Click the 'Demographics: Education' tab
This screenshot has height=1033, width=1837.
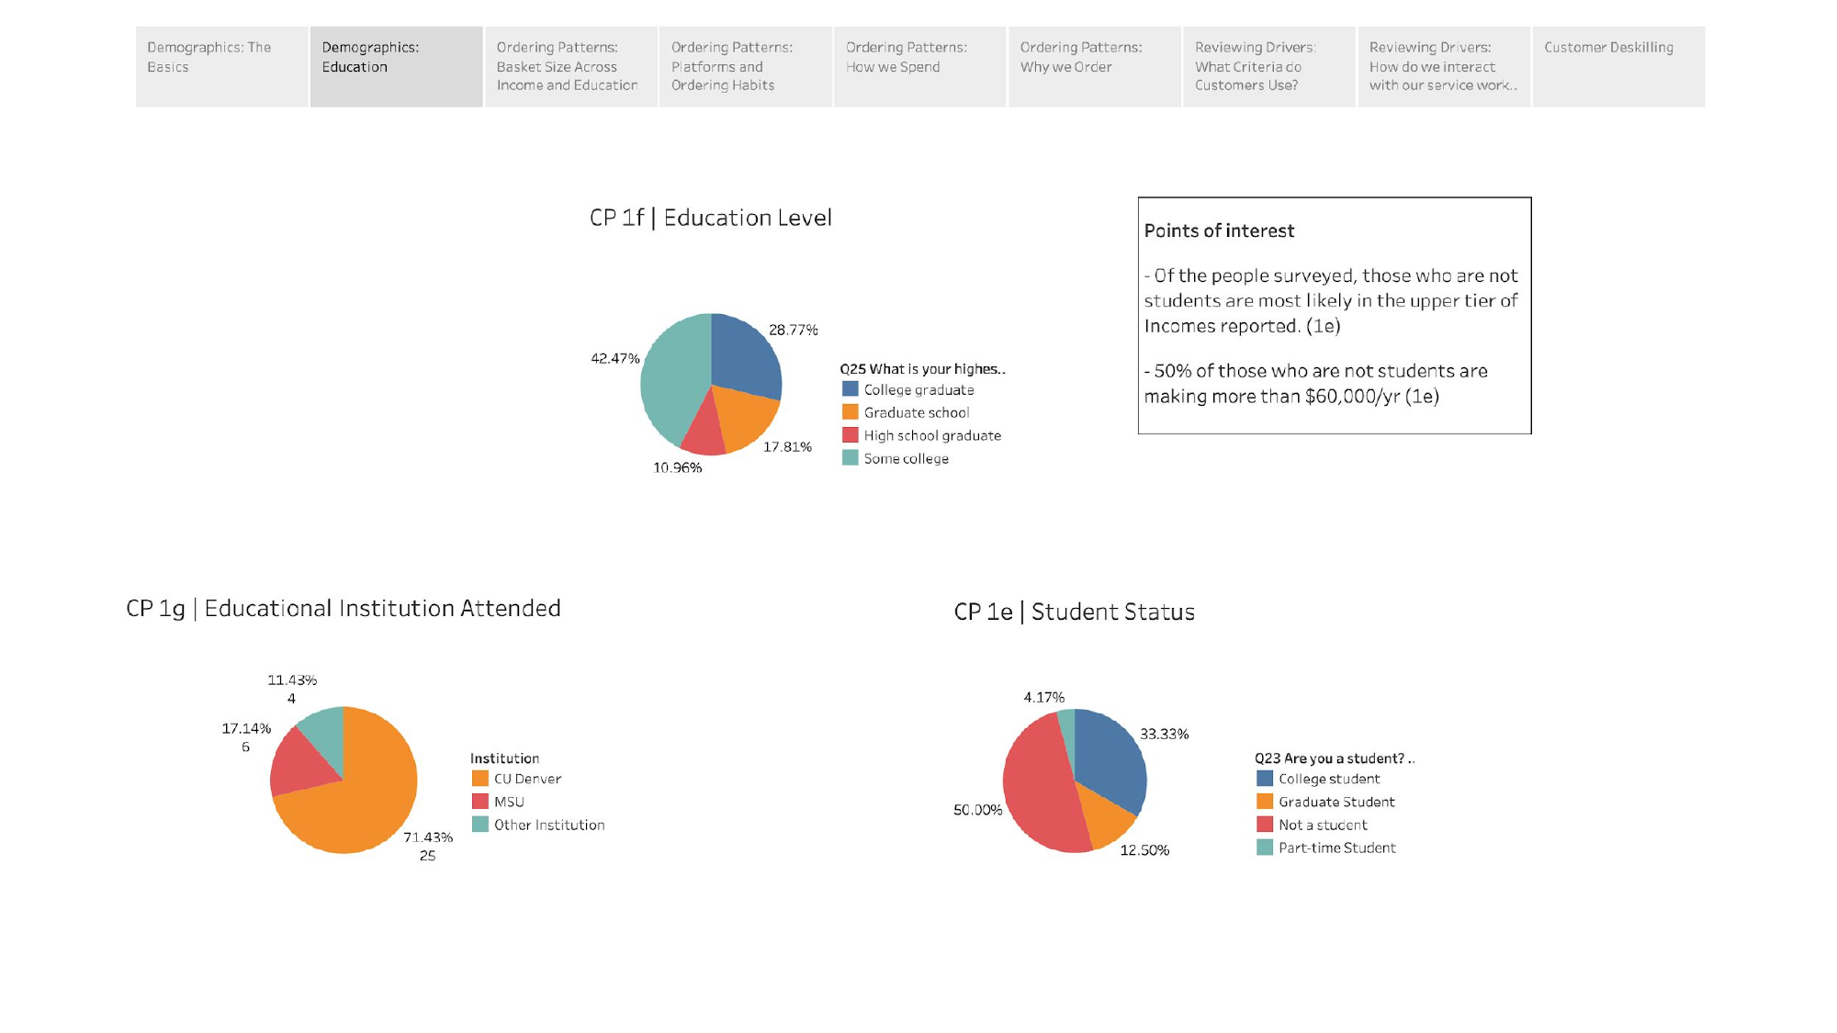[x=396, y=66]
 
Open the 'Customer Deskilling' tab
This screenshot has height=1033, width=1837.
[x=1617, y=66]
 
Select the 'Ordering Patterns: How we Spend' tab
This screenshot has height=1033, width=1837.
[x=919, y=66]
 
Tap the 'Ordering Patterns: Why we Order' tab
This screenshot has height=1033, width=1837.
[x=1094, y=66]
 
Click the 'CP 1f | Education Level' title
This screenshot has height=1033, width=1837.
[x=710, y=218]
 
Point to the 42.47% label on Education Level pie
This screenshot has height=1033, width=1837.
[x=614, y=358]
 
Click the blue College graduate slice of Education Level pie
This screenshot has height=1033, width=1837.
[x=744, y=354]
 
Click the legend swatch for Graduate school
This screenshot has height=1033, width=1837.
[x=851, y=412]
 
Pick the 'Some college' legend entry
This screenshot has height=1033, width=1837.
[x=906, y=458]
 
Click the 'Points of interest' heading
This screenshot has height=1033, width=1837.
[x=1219, y=230]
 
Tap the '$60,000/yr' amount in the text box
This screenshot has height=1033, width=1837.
[x=1352, y=397]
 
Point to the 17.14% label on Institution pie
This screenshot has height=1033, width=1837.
[x=246, y=728]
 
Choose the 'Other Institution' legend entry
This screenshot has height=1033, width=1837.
[x=549, y=825]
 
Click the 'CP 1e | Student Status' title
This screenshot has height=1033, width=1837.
[x=1074, y=612]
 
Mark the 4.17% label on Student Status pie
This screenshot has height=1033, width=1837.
[x=1043, y=698]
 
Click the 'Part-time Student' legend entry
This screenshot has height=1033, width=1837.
[x=1336, y=848]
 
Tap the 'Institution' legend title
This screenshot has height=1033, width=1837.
[x=504, y=758]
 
